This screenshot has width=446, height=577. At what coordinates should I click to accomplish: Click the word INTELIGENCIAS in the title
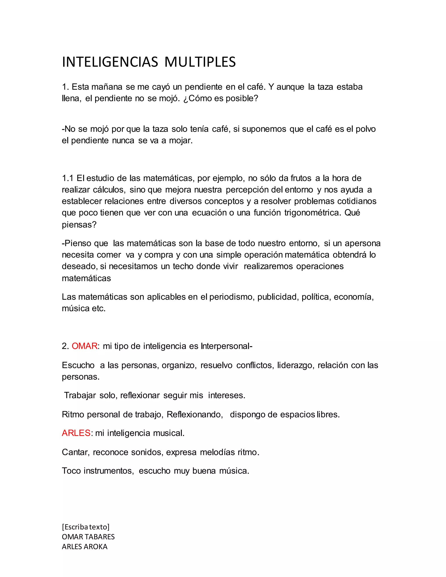tap(110, 62)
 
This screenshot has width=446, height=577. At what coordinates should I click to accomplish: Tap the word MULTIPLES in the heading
tap(200, 62)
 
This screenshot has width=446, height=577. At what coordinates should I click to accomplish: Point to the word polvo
tap(365, 129)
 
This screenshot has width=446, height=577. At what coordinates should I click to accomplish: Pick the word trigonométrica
tap(312, 213)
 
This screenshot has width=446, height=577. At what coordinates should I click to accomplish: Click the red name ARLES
tap(76, 433)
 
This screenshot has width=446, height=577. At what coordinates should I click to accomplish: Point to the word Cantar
tap(76, 452)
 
